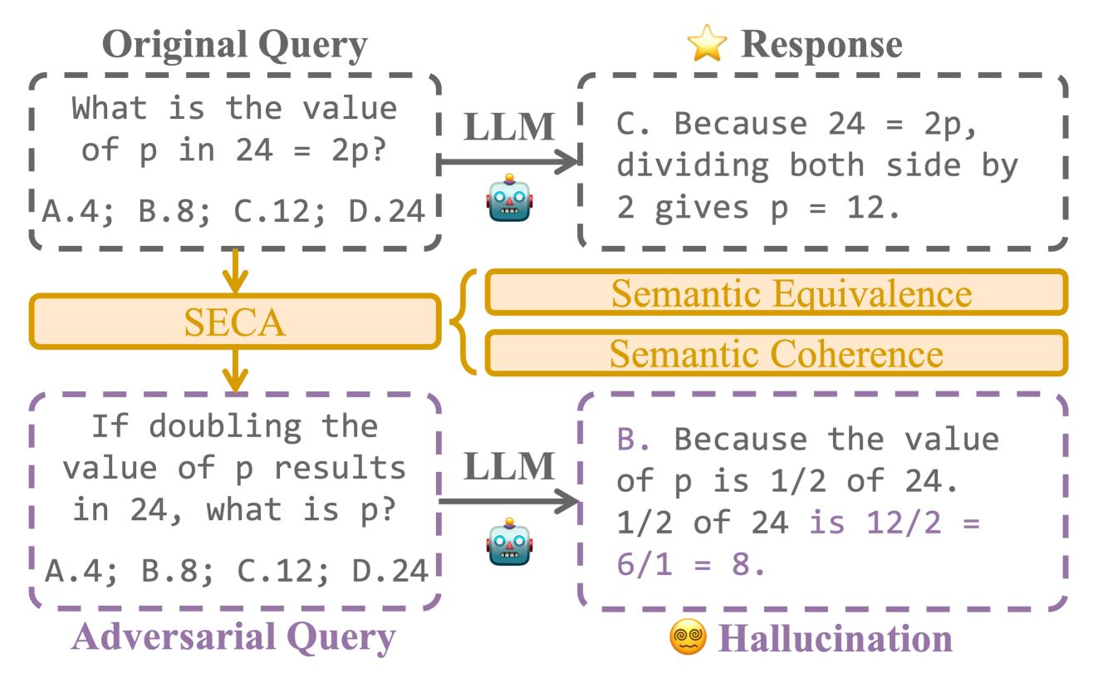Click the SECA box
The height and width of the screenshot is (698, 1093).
click(234, 322)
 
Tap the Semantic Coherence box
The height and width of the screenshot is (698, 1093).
click(776, 352)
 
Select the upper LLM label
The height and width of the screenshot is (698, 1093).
click(507, 126)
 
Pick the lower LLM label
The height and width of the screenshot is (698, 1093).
click(507, 467)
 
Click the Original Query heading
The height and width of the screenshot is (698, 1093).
click(235, 45)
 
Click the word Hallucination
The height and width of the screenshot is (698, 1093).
click(836, 638)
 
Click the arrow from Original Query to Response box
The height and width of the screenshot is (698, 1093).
click(507, 162)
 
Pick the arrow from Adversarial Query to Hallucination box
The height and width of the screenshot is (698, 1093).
click(507, 501)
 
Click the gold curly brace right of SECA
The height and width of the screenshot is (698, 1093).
click(463, 322)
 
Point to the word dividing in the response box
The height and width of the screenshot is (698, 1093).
click(692, 165)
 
